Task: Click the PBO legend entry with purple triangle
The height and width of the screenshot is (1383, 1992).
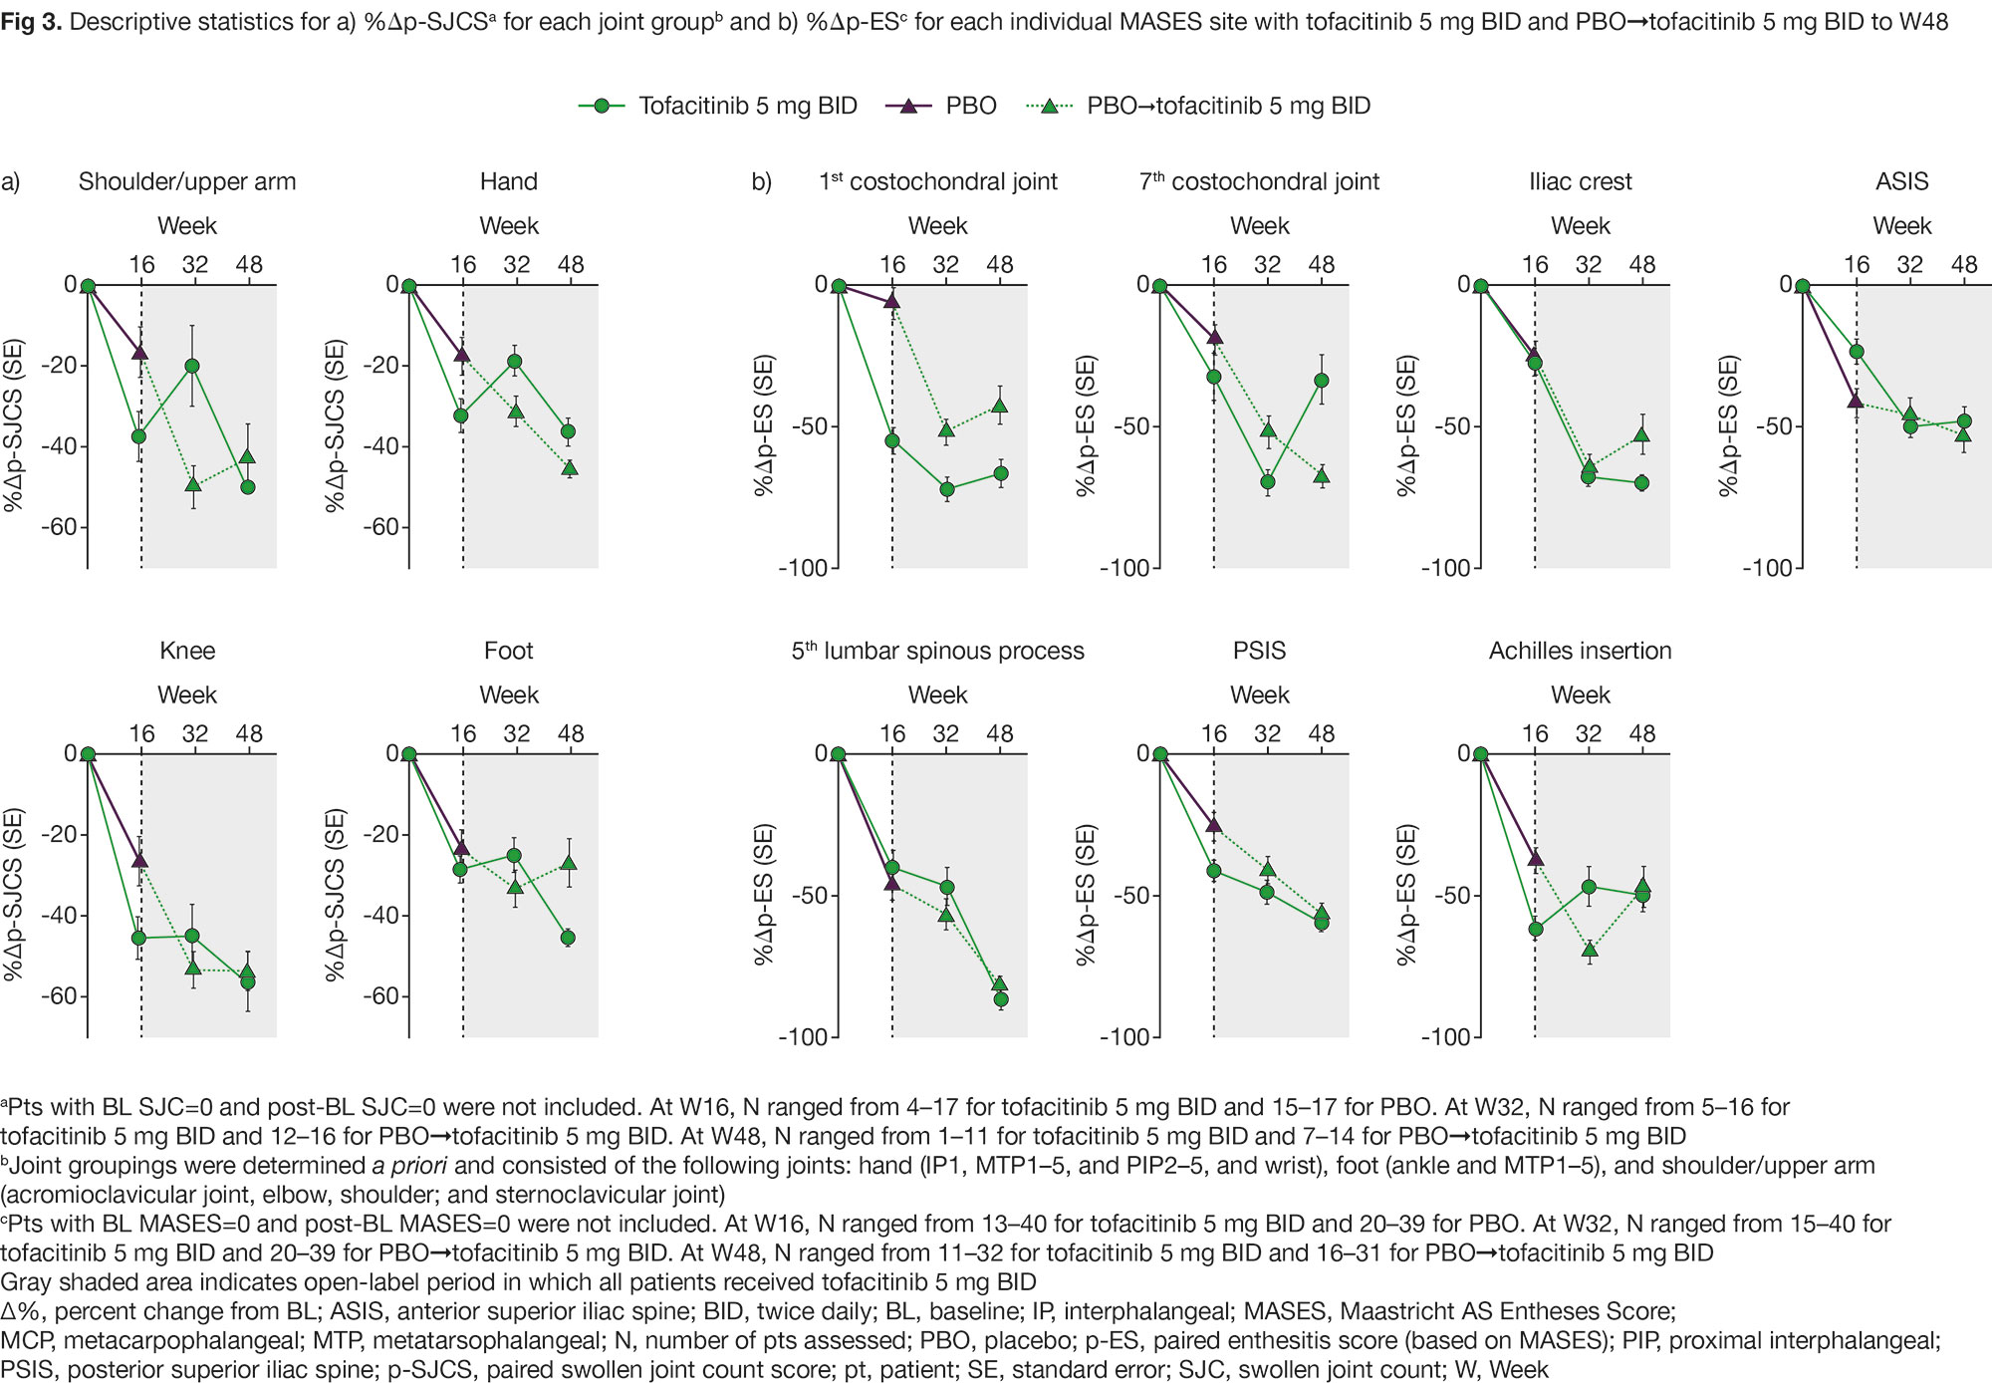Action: [x=941, y=106]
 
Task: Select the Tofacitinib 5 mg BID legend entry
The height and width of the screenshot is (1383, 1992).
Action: [x=717, y=106]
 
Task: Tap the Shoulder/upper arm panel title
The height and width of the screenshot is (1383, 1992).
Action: [x=187, y=181]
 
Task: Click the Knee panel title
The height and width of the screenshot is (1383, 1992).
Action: [x=187, y=651]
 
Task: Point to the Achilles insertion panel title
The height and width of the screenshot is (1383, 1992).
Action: [x=1580, y=651]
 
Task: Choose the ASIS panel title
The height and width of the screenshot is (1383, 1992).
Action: [x=1901, y=181]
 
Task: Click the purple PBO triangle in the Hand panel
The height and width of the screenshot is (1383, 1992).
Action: [x=462, y=354]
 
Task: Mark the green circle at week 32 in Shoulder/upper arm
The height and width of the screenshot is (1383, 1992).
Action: [x=192, y=366]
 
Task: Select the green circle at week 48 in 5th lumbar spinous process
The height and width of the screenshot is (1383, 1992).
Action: [x=1001, y=999]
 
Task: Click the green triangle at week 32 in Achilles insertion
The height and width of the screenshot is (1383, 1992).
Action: [x=1590, y=950]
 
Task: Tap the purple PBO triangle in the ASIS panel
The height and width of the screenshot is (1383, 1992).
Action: [x=1855, y=400]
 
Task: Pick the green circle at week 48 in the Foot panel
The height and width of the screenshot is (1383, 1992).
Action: [x=568, y=938]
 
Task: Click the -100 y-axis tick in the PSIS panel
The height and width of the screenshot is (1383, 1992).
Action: [x=1127, y=1037]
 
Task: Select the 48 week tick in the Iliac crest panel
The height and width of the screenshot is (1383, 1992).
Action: [x=1642, y=265]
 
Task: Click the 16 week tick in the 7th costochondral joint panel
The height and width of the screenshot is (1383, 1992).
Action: [x=1213, y=265]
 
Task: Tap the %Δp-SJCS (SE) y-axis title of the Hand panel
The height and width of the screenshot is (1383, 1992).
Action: [x=336, y=426]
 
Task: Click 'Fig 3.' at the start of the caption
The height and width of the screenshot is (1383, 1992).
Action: [x=31, y=22]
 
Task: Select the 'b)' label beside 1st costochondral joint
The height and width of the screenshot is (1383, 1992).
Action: [x=761, y=181]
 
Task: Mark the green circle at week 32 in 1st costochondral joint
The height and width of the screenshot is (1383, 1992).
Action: [x=947, y=489]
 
